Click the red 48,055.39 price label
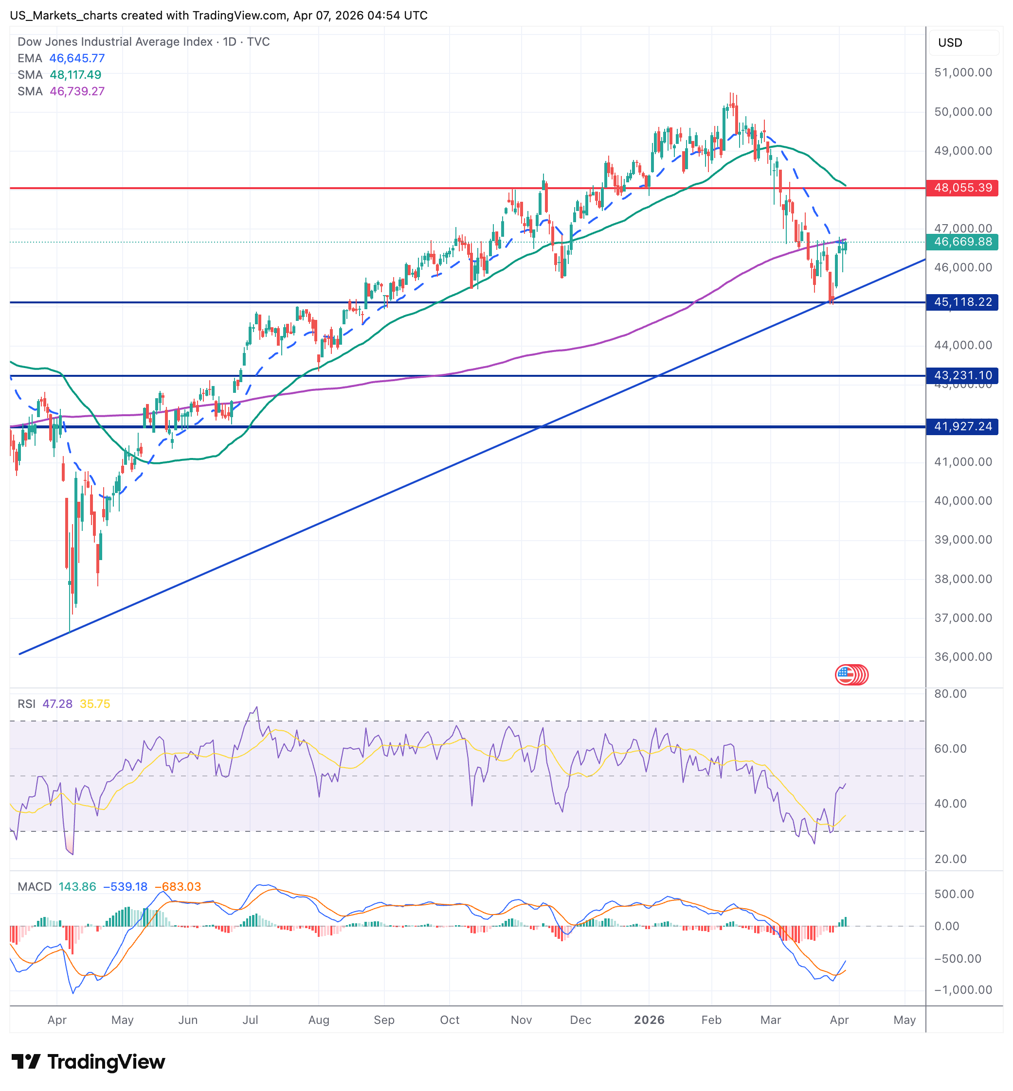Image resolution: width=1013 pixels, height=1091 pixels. coord(962,188)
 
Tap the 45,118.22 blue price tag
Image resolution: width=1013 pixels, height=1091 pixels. coord(962,302)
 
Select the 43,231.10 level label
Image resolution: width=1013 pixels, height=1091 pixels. coord(962,376)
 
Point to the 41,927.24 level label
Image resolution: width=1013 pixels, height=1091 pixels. coord(962,427)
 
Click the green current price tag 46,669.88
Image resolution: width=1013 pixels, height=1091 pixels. coord(962,242)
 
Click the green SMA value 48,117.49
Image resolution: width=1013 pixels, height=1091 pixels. coord(75,75)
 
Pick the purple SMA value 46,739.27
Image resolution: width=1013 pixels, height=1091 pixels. coord(77,91)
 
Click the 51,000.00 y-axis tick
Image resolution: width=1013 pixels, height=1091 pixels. coord(963,72)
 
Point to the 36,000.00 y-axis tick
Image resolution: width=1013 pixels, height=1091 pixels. coord(963,657)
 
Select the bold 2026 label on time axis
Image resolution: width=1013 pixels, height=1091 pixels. coord(649,1020)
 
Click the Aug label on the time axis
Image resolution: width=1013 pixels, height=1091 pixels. coord(319,1020)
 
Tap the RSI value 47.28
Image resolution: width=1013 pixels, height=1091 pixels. coord(57,704)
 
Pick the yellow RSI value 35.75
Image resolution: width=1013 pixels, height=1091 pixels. coord(95,704)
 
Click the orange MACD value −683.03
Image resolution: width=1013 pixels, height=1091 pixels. coord(178,887)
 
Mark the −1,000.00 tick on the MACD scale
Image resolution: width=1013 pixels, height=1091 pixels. coord(963,990)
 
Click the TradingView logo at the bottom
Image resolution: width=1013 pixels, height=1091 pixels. coord(88,1062)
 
